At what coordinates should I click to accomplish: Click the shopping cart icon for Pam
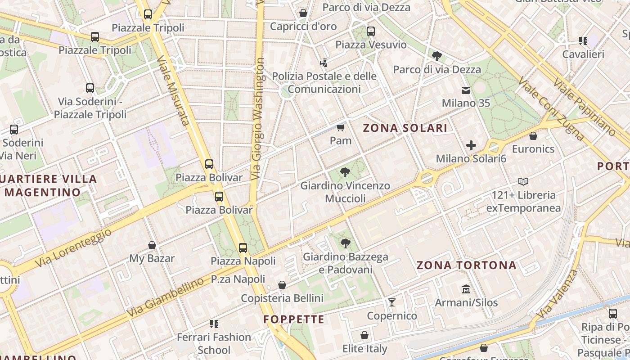341,127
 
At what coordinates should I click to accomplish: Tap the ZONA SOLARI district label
405,128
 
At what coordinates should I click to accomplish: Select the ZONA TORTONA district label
466,265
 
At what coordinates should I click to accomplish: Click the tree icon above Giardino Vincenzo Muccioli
345,172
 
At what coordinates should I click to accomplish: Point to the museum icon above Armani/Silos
466,289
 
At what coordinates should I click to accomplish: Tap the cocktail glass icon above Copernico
392,302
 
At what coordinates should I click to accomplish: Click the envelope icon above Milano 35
466,90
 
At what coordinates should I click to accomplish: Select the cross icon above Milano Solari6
471,145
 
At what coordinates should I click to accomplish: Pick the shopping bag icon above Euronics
533,135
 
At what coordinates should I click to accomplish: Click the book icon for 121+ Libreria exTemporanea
523,182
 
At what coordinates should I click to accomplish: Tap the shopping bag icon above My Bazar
152,245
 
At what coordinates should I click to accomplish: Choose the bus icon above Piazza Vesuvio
371,31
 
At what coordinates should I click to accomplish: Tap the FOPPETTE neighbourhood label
294,319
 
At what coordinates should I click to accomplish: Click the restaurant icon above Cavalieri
583,41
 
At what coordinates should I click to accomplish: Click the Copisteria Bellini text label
282,298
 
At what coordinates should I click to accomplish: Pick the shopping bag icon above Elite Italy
364,336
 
